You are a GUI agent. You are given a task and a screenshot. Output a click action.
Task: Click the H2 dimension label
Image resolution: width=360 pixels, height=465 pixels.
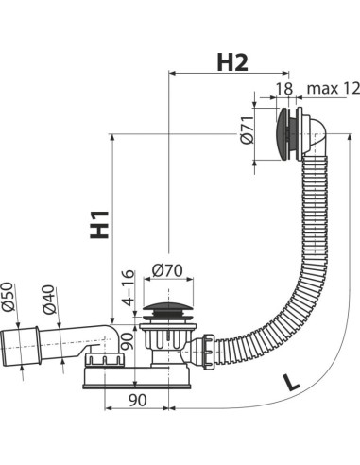pos(231,62)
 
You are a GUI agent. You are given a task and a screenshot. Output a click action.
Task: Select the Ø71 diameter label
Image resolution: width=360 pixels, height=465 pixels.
pos(245,137)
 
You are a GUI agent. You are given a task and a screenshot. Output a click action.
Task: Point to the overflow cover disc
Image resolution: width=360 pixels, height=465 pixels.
pos(279,135)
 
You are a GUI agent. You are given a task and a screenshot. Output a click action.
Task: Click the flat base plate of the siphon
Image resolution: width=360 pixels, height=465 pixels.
pos(142,375)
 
